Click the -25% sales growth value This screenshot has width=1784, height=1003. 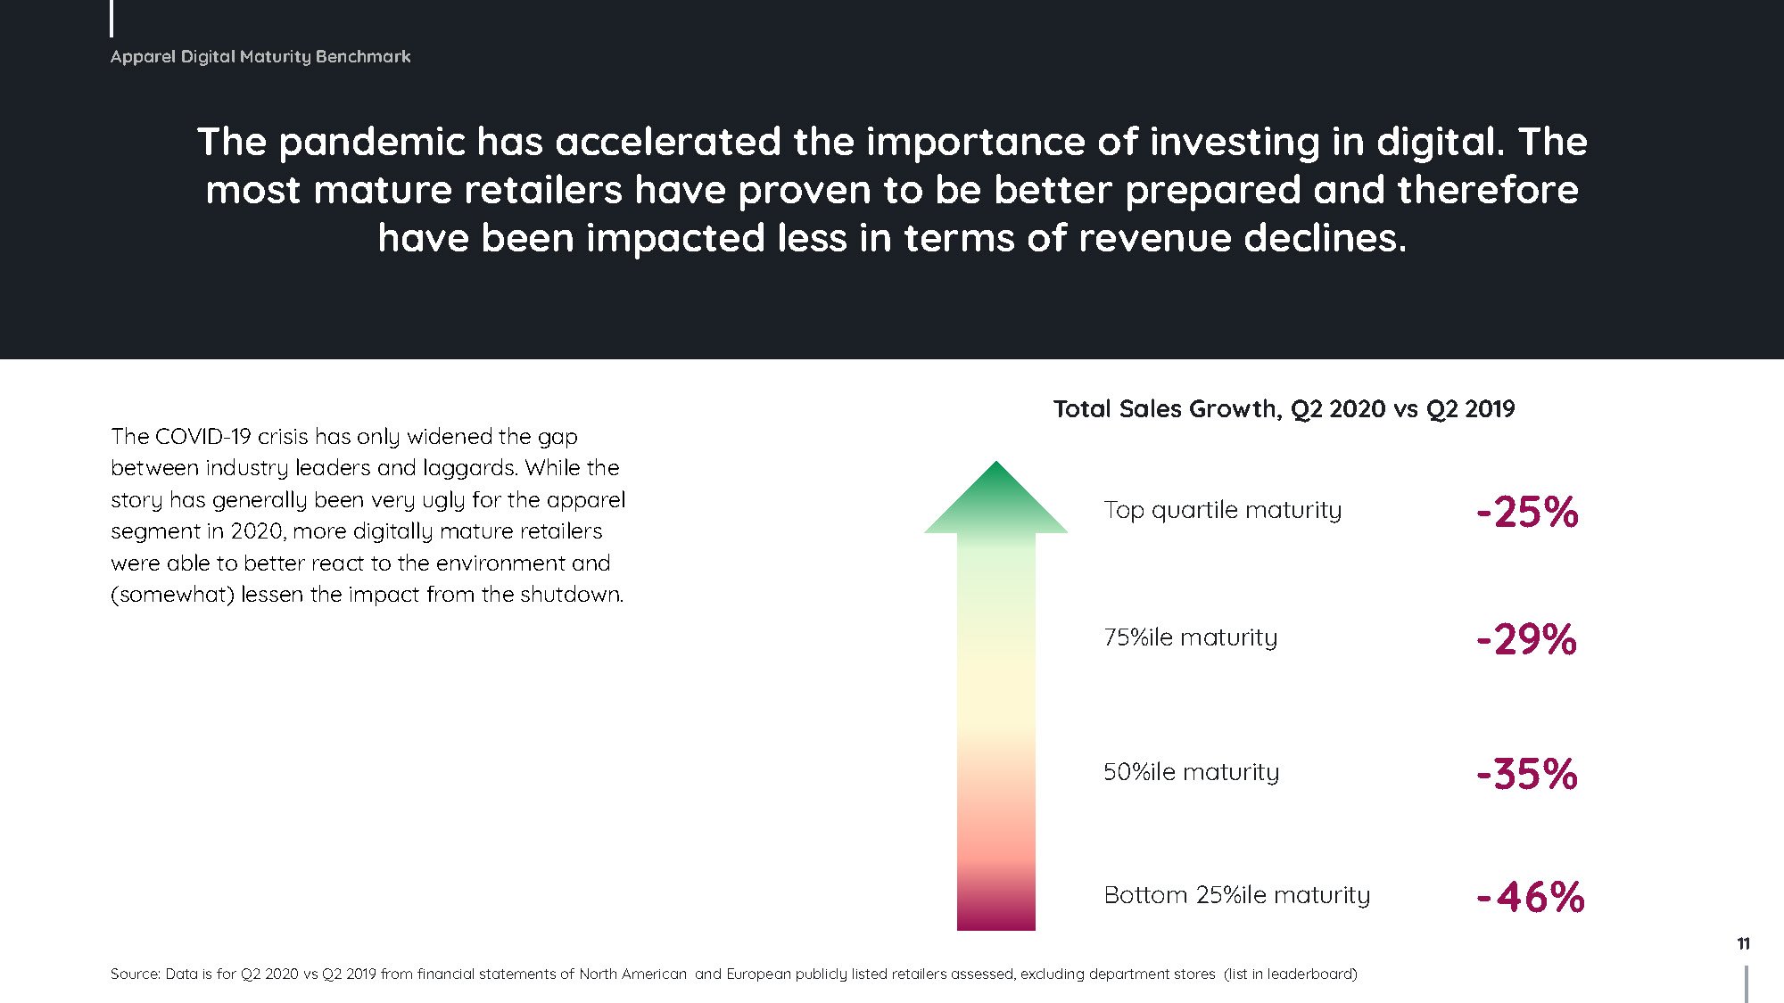(x=1527, y=513)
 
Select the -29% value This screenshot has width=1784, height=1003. (x=1526, y=639)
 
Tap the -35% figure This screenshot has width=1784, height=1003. (x=1527, y=774)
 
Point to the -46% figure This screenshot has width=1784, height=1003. (x=1531, y=897)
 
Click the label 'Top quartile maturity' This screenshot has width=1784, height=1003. (x=1222, y=510)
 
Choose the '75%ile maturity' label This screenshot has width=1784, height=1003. (x=1190, y=637)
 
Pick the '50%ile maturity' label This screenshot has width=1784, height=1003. (x=1191, y=772)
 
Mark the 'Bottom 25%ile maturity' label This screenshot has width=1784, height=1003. (x=1236, y=894)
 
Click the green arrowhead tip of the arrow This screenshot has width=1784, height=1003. (x=995, y=461)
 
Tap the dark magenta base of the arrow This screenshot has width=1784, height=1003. (x=995, y=914)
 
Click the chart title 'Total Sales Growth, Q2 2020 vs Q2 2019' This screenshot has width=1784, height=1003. (x=1284, y=409)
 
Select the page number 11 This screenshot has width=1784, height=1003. (x=1743, y=943)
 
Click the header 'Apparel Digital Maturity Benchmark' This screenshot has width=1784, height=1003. (x=260, y=57)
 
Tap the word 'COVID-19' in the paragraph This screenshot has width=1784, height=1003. (x=203, y=436)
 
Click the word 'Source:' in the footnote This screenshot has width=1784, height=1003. (x=135, y=974)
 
